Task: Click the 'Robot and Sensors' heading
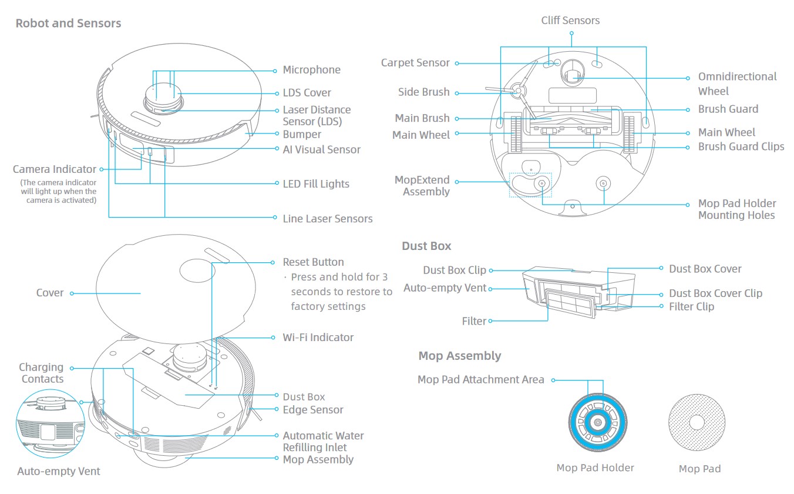[x=68, y=24]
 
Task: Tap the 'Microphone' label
[x=311, y=70]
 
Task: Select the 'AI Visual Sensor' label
[x=321, y=149]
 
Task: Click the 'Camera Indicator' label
[x=55, y=169]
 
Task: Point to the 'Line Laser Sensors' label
[x=327, y=219]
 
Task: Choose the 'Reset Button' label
[x=313, y=262]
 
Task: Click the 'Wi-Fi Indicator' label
[x=318, y=338]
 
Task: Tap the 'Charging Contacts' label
[x=42, y=373]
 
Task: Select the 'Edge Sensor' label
[x=312, y=410]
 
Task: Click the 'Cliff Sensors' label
[x=570, y=21]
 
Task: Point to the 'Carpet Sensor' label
[x=415, y=63]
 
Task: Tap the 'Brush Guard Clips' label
[x=741, y=147]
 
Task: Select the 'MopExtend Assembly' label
[x=422, y=186]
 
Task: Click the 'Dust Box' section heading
[x=426, y=246]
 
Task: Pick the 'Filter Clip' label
[x=691, y=306]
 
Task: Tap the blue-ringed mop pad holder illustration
[x=597, y=422]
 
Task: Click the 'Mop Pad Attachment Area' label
[x=480, y=380]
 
